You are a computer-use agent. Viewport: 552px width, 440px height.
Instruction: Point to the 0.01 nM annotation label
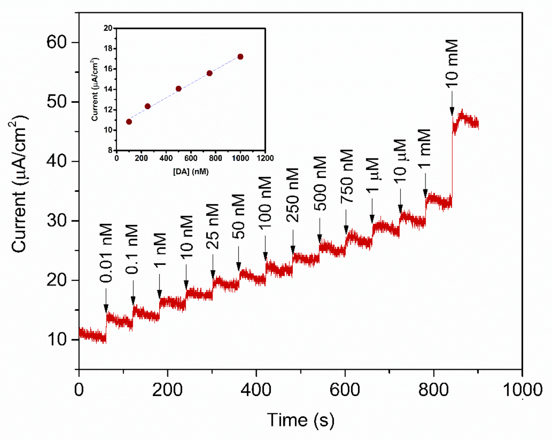click(x=106, y=253)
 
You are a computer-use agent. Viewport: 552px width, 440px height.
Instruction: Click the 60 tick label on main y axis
click(x=57, y=42)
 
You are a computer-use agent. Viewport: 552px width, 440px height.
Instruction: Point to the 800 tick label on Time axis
click(x=433, y=390)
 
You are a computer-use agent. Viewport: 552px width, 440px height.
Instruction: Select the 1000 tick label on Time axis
click(x=522, y=390)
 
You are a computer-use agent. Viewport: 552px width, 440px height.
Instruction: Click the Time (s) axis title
click(x=301, y=420)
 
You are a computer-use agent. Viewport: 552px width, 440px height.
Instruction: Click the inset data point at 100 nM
click(x=129, y=122)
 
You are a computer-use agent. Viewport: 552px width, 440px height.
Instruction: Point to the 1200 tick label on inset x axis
click(x=265, y=158)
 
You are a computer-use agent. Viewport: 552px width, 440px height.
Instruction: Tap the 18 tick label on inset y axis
click(x=108, y=49)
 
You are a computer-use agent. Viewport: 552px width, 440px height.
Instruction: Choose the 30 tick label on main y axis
click(x=57, y=221)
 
